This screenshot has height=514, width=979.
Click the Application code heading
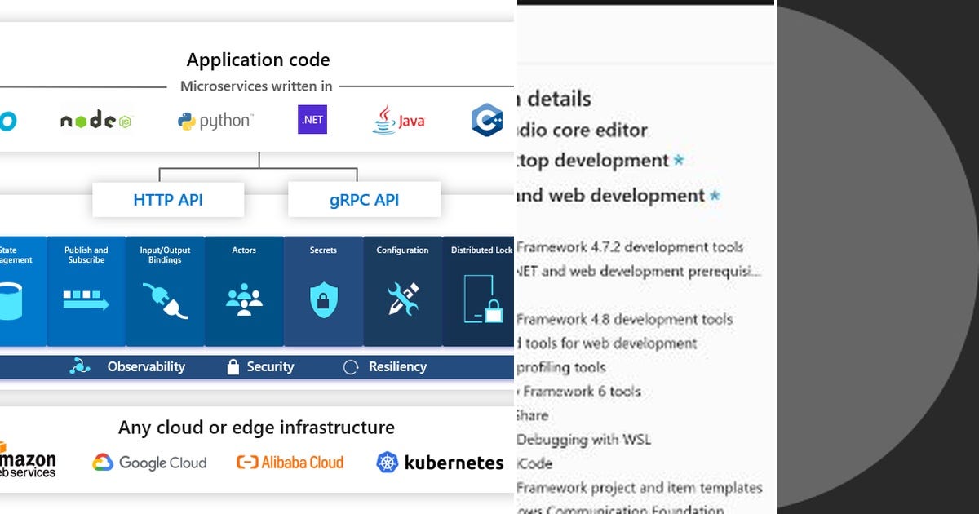258,60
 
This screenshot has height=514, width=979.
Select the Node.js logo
95,121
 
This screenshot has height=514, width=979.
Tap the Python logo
215,121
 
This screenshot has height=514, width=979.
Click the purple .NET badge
312,120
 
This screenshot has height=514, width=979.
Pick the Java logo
399,120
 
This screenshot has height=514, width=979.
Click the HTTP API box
168,200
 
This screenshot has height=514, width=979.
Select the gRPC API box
364,200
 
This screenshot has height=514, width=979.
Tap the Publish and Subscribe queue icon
86,299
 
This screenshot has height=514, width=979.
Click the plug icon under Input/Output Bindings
164,300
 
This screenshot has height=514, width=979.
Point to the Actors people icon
244,299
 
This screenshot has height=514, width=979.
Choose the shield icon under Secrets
323,300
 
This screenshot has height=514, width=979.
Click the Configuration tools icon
402,299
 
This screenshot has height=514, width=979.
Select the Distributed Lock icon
482,299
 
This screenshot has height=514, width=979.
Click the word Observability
146,367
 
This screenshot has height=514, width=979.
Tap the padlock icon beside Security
233,367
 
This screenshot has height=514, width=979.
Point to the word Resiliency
397,367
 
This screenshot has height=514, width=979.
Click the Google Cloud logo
149,463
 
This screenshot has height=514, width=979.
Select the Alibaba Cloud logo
290,463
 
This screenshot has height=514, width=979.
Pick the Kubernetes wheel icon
388,463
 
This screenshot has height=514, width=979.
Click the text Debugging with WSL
583,440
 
